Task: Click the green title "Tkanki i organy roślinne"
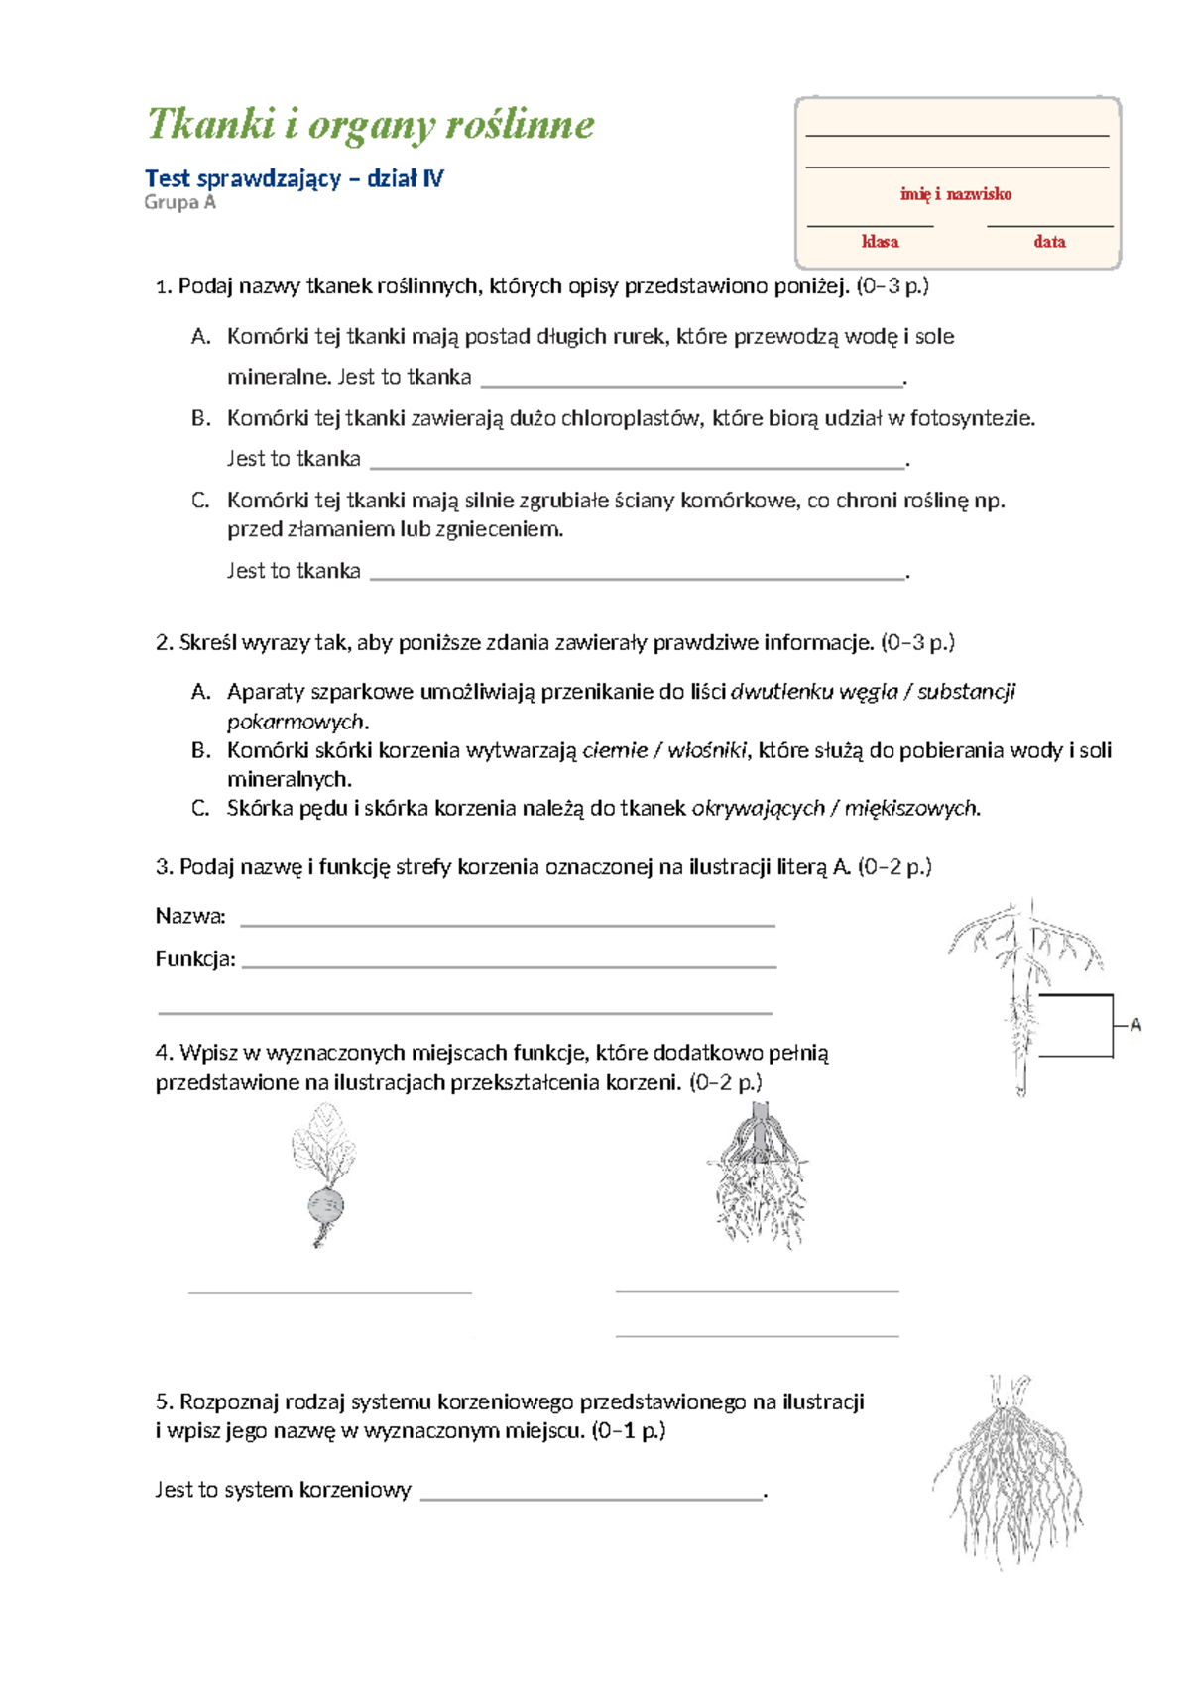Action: pyautogui.click(x=370, y=125)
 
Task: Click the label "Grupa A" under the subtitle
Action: pyautogui.click(x=179, y=202)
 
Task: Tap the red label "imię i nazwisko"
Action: pyautogui.click(x=956, y=194)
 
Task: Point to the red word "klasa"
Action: pyautogui.click(x=880, y=242)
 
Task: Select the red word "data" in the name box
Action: pyautogui.click(x=1049, y=242)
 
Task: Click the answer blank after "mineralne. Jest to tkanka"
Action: pyautogui.click(x=691, y=380)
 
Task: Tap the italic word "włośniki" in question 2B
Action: pyautogui.click(x=707, y=750)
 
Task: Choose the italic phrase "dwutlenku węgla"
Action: pyautogui.click(x=813, y=691)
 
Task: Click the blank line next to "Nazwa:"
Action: pyautogui.click(x=507, y=921)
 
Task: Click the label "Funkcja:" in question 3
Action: pyautogui.click(x=195, y=958)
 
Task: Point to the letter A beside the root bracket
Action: pyautogui.click(x=1135, y=1025)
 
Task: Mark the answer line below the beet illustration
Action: pyautogui.click(x=329, y=1290)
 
